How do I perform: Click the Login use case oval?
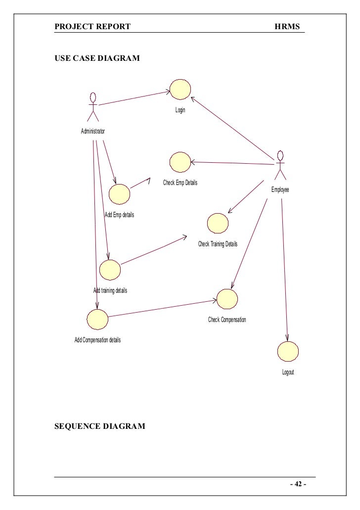click(x=180, y=89)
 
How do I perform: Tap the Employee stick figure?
click(x=280, y=165)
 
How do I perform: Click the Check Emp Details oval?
click(x=180, y=162)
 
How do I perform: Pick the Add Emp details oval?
click(x=120, y=194)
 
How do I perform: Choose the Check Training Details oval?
click(x=218, y=223)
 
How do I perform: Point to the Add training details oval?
click(x=110, y=270)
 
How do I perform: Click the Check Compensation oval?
click(x=227, y=298)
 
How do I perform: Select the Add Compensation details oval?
click(x=97, y=320)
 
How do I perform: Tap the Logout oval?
click(x=288, y=351)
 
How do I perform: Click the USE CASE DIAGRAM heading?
click(x=97, y=58)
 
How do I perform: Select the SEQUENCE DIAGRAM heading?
click(x=100, y=426)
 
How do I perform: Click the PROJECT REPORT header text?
click(x=92, y=26)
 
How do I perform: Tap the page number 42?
click(x=298, y=484)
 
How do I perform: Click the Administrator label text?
click(x=93, y=132)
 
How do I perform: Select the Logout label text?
click(x=288, y=372)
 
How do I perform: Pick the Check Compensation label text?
click(x=227, y=320)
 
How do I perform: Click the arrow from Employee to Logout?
click(x=284, y=267)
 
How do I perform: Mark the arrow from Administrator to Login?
click(x=134, y=98)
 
